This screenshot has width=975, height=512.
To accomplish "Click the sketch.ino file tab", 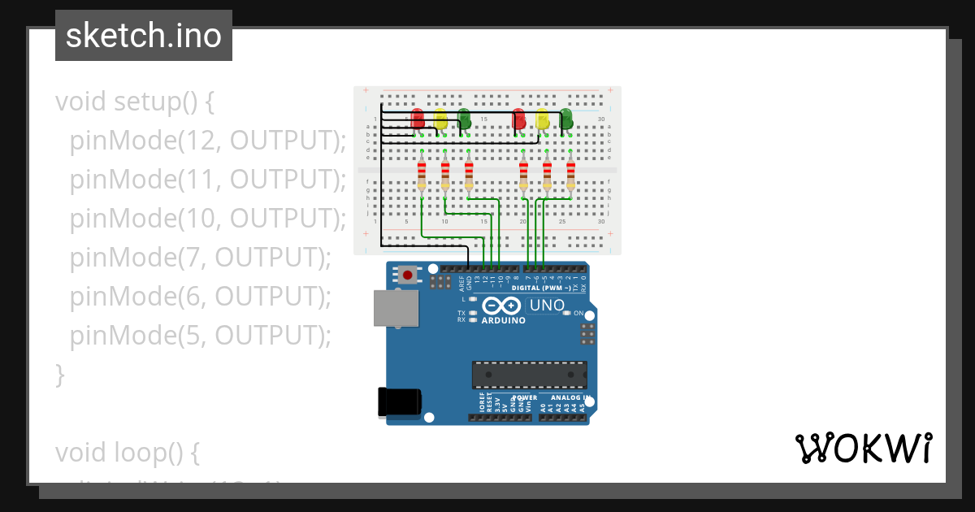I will point(144,36).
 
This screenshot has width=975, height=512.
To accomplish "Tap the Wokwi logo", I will point(863,448).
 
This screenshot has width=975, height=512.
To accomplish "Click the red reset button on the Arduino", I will point(407,275).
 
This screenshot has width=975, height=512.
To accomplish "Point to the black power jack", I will point(400,402).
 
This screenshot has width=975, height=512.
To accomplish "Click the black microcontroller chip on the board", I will point(529,375).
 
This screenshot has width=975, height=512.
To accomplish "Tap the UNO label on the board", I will point(547,306).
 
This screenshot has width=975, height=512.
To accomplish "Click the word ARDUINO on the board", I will point(504,320).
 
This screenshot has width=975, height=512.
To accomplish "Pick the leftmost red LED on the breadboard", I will point(418,119).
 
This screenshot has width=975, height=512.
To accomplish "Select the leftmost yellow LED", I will point(440,120).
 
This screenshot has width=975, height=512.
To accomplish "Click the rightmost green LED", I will point(565,120).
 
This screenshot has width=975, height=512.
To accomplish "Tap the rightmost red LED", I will point(519,120).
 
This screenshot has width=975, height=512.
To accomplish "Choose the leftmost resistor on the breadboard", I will point(422,175).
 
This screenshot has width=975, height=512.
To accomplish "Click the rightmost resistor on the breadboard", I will point(570,175).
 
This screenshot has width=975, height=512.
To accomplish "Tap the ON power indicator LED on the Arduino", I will point(569,313).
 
